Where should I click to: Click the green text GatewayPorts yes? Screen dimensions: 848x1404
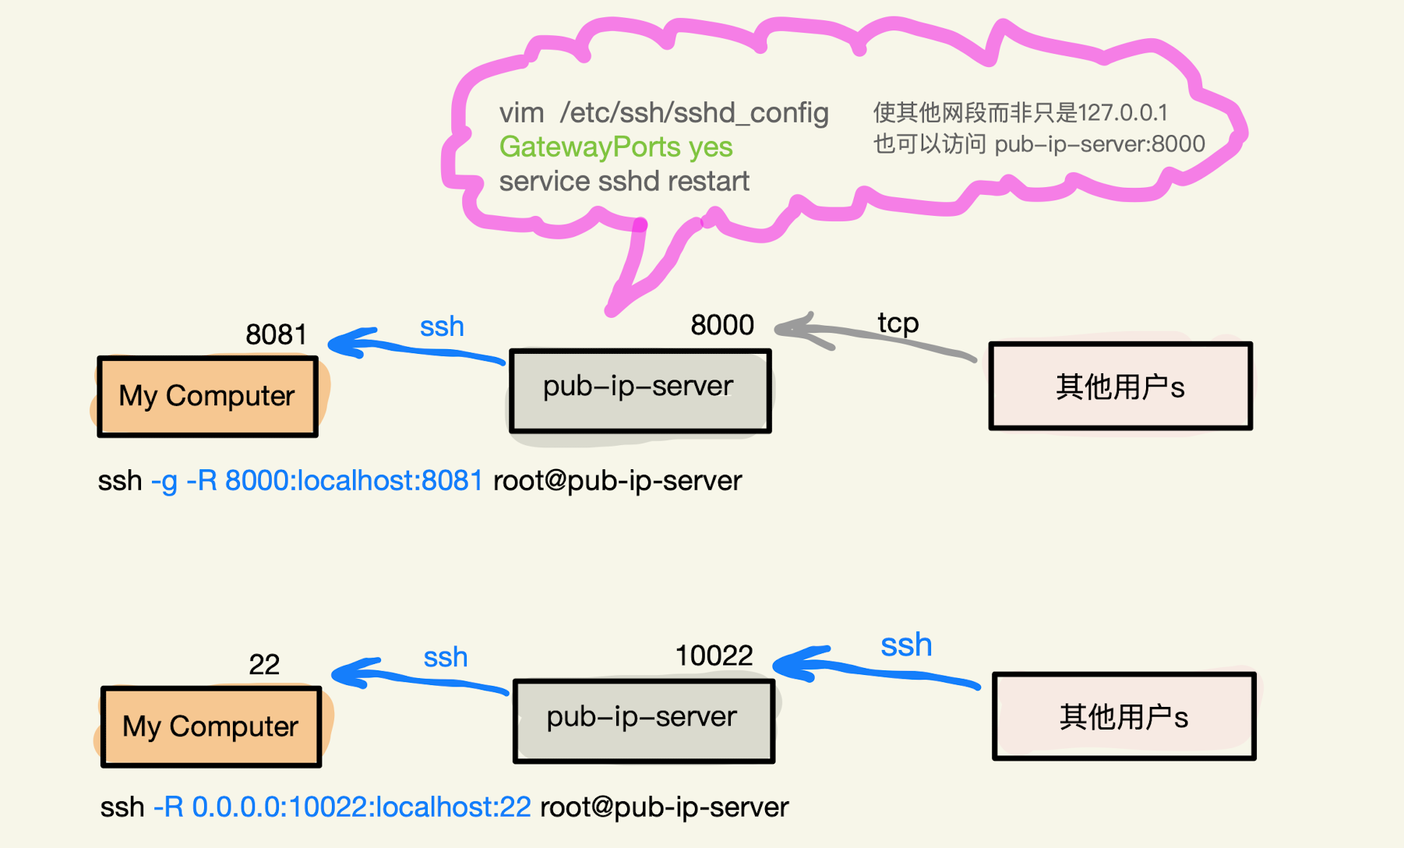616,147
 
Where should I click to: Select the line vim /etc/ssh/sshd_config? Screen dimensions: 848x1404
663,113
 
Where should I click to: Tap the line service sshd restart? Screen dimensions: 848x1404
623,182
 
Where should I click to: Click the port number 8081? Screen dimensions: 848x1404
276,334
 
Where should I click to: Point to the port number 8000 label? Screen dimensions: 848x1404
721,325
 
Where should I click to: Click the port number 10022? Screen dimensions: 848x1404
713,655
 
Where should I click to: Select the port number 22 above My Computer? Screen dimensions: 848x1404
263,664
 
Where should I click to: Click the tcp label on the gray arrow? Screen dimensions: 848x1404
898,323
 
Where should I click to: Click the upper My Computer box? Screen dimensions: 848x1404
207,396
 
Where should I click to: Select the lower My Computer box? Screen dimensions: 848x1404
210,726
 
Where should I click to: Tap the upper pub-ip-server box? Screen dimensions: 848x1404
639,390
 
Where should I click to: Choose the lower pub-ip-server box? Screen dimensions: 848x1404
643,721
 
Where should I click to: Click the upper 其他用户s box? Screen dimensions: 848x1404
1120,387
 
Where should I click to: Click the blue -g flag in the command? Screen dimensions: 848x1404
164,481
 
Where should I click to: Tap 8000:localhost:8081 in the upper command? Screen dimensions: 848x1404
354,481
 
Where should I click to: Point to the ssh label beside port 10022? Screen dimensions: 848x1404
906,645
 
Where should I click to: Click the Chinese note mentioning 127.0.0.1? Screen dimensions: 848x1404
1020,113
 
